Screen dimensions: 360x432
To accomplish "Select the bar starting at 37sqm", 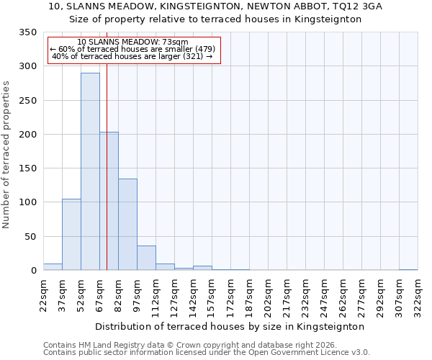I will pyautogui.click(x=71, y=235).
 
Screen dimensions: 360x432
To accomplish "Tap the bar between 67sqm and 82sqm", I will pyautogui.click(x=109, y=201).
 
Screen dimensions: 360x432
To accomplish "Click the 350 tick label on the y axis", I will pyautogui.click(x=27, y=32).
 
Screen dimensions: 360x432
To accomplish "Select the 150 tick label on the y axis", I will pyautogui.click(x=27, y=168).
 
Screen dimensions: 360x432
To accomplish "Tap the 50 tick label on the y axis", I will pyautogui.click(x=30, y=236).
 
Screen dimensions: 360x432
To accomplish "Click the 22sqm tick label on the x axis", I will pyautogui.click(x=44, y=295).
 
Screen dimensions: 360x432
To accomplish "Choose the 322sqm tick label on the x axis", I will pyautogui.click(x=418, y=295).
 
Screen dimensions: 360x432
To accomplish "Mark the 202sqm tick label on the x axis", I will pyautogui.click(x=268, y=295).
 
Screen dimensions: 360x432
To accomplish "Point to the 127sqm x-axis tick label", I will pyautogui.click(x=175, y=295).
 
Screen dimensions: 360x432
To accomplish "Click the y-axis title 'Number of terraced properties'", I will pyautogui.click(x=6, y=154).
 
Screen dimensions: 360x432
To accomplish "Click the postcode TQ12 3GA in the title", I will pyautogui.click(x=358, y=6).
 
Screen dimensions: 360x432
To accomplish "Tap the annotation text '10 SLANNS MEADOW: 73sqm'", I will pyautogui.click(x=132, y=42).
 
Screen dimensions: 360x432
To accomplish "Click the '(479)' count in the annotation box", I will pyautogui.click(x=201, y=49).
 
